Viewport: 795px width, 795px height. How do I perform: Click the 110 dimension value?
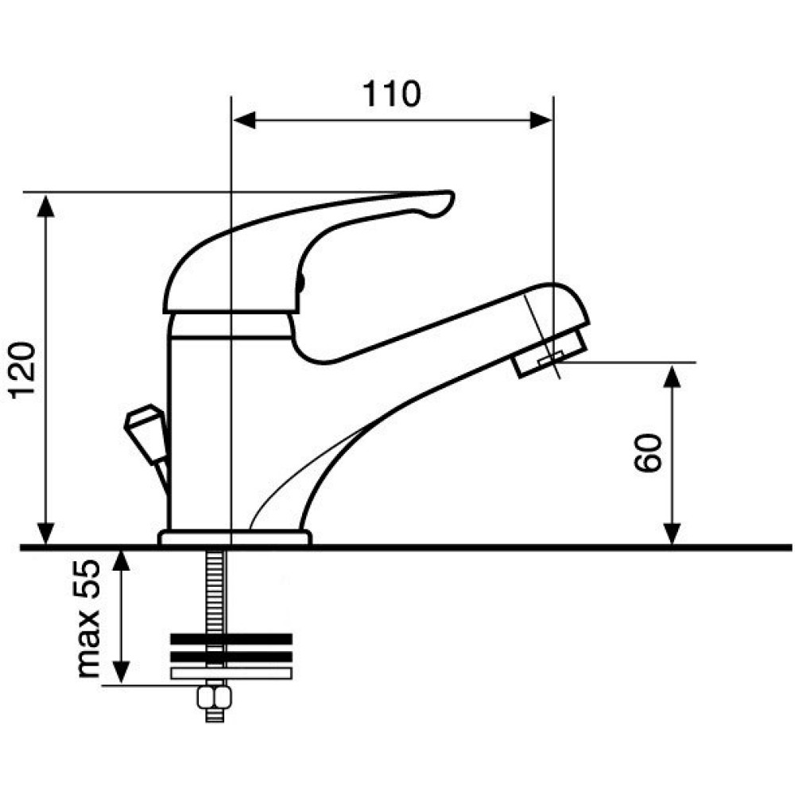pos(391,94)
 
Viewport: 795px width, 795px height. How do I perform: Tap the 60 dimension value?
pos(648,453)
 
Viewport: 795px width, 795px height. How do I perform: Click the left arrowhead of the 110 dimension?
pos(244,121)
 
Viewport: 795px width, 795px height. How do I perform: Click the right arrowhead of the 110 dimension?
pos(541,121)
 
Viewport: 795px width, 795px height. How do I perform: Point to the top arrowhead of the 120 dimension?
pos(46,205)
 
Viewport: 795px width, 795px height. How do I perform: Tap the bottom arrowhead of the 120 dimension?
pos(46,534)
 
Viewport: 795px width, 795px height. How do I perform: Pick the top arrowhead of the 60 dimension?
pos(672,376)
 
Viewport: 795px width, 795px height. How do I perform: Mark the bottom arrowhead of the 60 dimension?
pos(672,534)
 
